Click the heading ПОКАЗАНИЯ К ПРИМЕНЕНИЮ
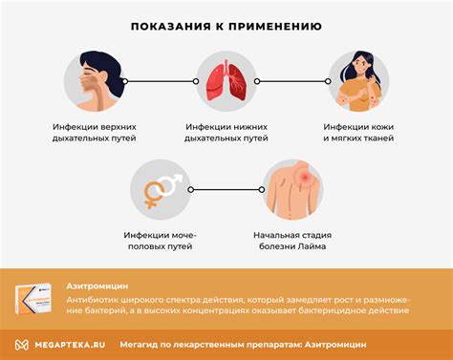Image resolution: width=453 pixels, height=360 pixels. tap(226, 27)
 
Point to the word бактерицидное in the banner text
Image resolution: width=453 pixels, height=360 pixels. tap(333, 309)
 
